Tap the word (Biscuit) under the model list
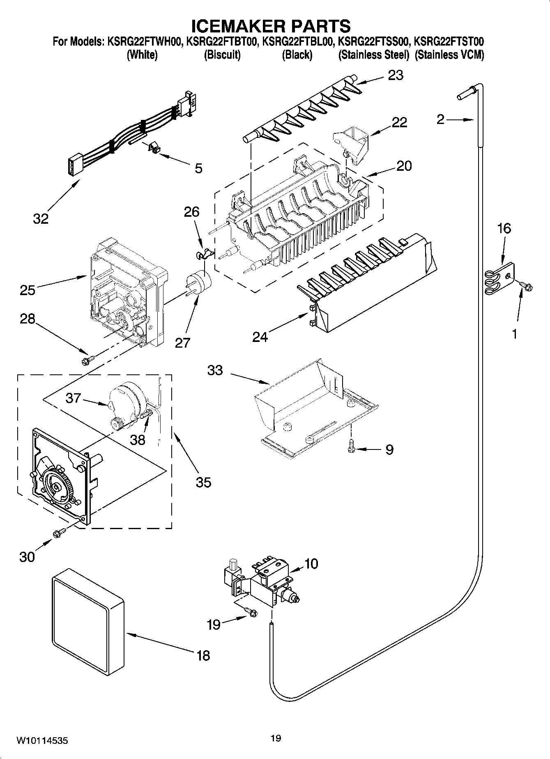click(x=222, y=55)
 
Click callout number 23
click(x=396, y=75)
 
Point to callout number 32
click(x=41, y=218)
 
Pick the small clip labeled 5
click(x=152, y=148)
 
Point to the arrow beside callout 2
click(x=460, y=120)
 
